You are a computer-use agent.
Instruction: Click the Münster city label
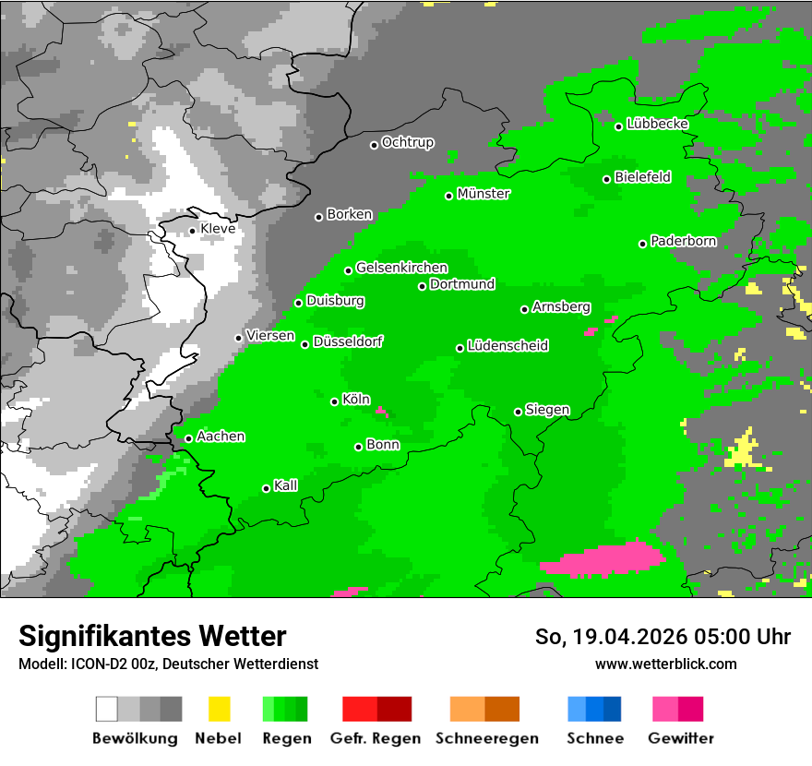pos(484,194)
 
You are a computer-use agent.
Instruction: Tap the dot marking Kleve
pos(192,231)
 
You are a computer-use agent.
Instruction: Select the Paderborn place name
pos(683,241)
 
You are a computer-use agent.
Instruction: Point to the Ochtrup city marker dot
pos(374,145)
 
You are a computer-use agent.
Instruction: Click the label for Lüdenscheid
pos(507,346)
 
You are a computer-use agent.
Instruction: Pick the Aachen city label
pos(221,437)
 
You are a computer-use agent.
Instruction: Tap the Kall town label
pos(285,485)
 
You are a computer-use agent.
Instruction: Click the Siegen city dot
pos(518,412)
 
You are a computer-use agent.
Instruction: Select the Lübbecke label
pos(657,124)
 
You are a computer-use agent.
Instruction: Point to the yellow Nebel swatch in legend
pos(219,709)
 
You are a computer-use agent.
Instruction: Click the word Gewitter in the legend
pos(680,738)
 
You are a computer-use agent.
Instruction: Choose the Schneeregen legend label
pos(487,738)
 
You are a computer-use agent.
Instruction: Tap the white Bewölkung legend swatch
pos(106,709)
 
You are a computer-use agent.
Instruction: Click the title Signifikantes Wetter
pos(152,636)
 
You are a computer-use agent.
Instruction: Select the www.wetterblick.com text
pos(665,664)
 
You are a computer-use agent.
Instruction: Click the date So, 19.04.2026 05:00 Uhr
pos(663,637)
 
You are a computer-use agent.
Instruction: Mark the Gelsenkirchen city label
pos(401,268)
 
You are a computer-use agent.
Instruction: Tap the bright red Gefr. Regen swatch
pos(359,709)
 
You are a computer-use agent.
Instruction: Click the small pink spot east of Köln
pos(382,413)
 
